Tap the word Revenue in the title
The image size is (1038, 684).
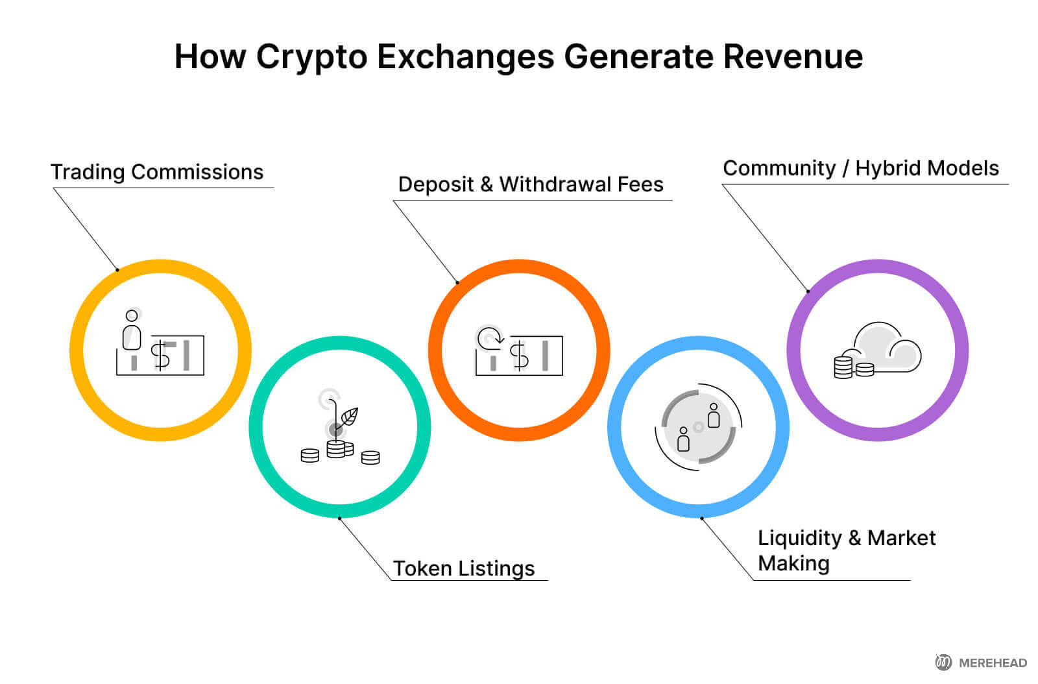point(792,56)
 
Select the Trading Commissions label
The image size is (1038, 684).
point(157,172)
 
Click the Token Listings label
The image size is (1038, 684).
point(464,568)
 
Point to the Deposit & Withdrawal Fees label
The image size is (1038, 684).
point(531,184)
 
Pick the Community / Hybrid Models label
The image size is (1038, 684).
point(861,168)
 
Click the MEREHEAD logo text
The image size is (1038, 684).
point(993,663)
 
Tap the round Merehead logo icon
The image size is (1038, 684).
point(943,662)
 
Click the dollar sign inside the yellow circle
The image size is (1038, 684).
point(160,356)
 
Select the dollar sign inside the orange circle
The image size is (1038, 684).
point(519,356)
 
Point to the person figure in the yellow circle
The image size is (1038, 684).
point(132,330)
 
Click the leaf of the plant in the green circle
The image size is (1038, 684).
point(348,416)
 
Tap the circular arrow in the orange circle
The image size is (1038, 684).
point(490,337)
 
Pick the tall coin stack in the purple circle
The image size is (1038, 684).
point(843,367)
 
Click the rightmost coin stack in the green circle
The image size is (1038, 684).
point(370,458)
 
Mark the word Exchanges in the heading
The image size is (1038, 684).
point(465,56)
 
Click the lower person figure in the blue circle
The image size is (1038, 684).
point(683,439)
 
